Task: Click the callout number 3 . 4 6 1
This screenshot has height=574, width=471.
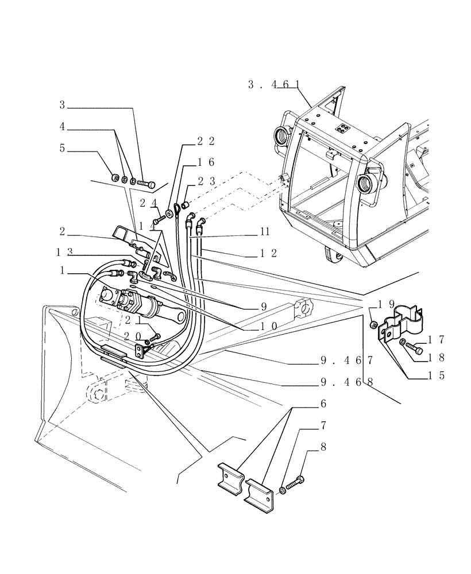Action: [x=275, y=84]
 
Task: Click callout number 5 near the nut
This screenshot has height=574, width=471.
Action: [x=63, y=148]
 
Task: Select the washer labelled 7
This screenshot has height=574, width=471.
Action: [x=283, y=489]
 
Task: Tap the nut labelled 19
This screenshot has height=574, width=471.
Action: [x=373, y=325]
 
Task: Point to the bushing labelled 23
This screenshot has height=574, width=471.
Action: [x=186, y=205]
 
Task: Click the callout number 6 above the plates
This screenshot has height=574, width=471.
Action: [x=324, y=404]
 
